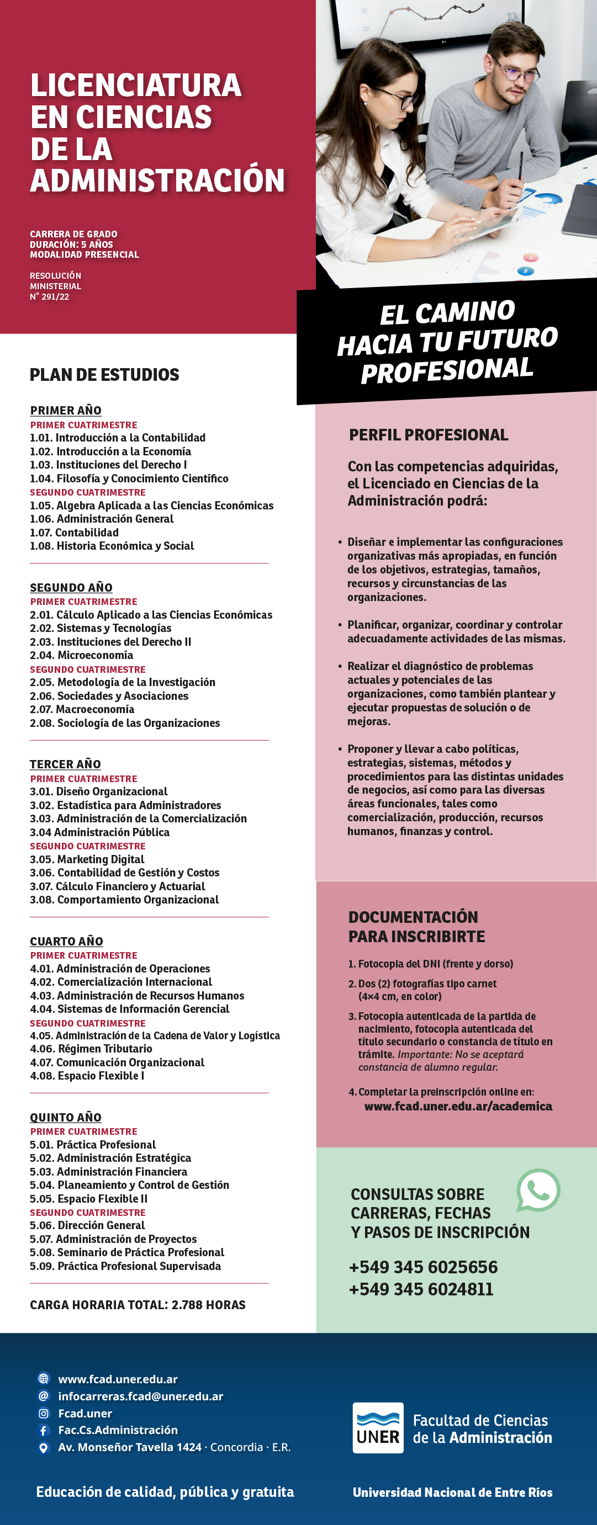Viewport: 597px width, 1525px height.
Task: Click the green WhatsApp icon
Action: click(538, 1190)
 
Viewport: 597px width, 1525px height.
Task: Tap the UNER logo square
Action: click(378, 1427)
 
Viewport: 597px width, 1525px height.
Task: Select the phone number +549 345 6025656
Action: click(423, 1267)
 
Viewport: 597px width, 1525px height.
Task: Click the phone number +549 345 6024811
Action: click(420, 1289)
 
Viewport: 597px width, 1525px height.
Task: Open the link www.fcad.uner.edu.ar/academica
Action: click(458, 1106)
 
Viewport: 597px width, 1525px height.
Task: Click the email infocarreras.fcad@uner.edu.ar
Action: click(140, 1396)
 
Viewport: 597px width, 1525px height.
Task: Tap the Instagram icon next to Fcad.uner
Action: click(43, 1413)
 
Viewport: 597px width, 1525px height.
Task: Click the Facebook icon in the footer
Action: click(43, 1430)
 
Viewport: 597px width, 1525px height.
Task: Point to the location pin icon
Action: click(43, 1447)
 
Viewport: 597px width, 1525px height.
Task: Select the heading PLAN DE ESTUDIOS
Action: click(104, 375)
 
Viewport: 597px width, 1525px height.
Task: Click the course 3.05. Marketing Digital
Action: click(87, 859)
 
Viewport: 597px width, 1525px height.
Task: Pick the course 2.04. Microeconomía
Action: click(82, 655)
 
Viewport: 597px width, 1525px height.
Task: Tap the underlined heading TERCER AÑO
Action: click(65, 764)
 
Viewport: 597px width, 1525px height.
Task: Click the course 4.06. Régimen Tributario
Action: click(91, 1049)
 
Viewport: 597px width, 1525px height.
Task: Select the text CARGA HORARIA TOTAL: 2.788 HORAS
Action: click(138, 1305)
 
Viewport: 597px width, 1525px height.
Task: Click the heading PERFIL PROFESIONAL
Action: click(428, 435)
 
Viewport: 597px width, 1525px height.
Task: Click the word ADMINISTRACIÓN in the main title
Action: click(157, 180)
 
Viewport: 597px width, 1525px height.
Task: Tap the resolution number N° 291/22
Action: click(50, 296)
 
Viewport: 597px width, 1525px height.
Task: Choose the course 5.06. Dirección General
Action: click(87, 1225)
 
